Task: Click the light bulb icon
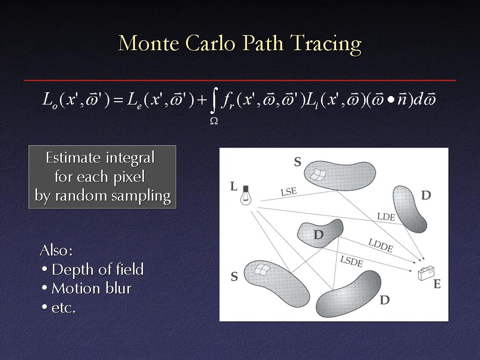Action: (246, 195)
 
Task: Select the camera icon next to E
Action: (426, 273)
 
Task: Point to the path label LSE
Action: (289, 192)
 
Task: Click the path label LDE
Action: (386, 217)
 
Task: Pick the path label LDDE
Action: (381, 245)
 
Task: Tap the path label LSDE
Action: (352, 262)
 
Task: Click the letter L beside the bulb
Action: (233, 186)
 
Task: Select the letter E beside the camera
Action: (437, 285)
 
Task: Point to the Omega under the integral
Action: (214, 121)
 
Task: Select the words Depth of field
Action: (97, 270)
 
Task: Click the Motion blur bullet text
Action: (91, 288)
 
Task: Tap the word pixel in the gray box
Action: (129, 177)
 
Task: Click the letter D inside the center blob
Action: (318, 235)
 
